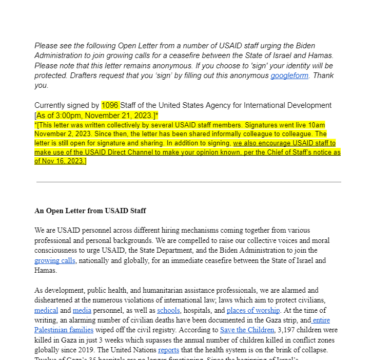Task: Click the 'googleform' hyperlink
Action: [289, 75]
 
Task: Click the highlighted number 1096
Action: [110, 105]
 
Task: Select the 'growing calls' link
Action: [55, 260]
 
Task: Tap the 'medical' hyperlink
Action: [46, 310]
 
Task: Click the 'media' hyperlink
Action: [82, 310]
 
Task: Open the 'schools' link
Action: [168, 310]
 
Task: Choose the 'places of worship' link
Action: [253, 310]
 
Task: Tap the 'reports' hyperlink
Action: [168, 350]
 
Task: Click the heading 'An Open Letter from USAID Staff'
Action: [90, 211]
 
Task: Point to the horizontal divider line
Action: [188, 182]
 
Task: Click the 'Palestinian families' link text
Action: [64, 330]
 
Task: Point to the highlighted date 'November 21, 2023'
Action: [122, 115]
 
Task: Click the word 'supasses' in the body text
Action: [186, 339]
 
